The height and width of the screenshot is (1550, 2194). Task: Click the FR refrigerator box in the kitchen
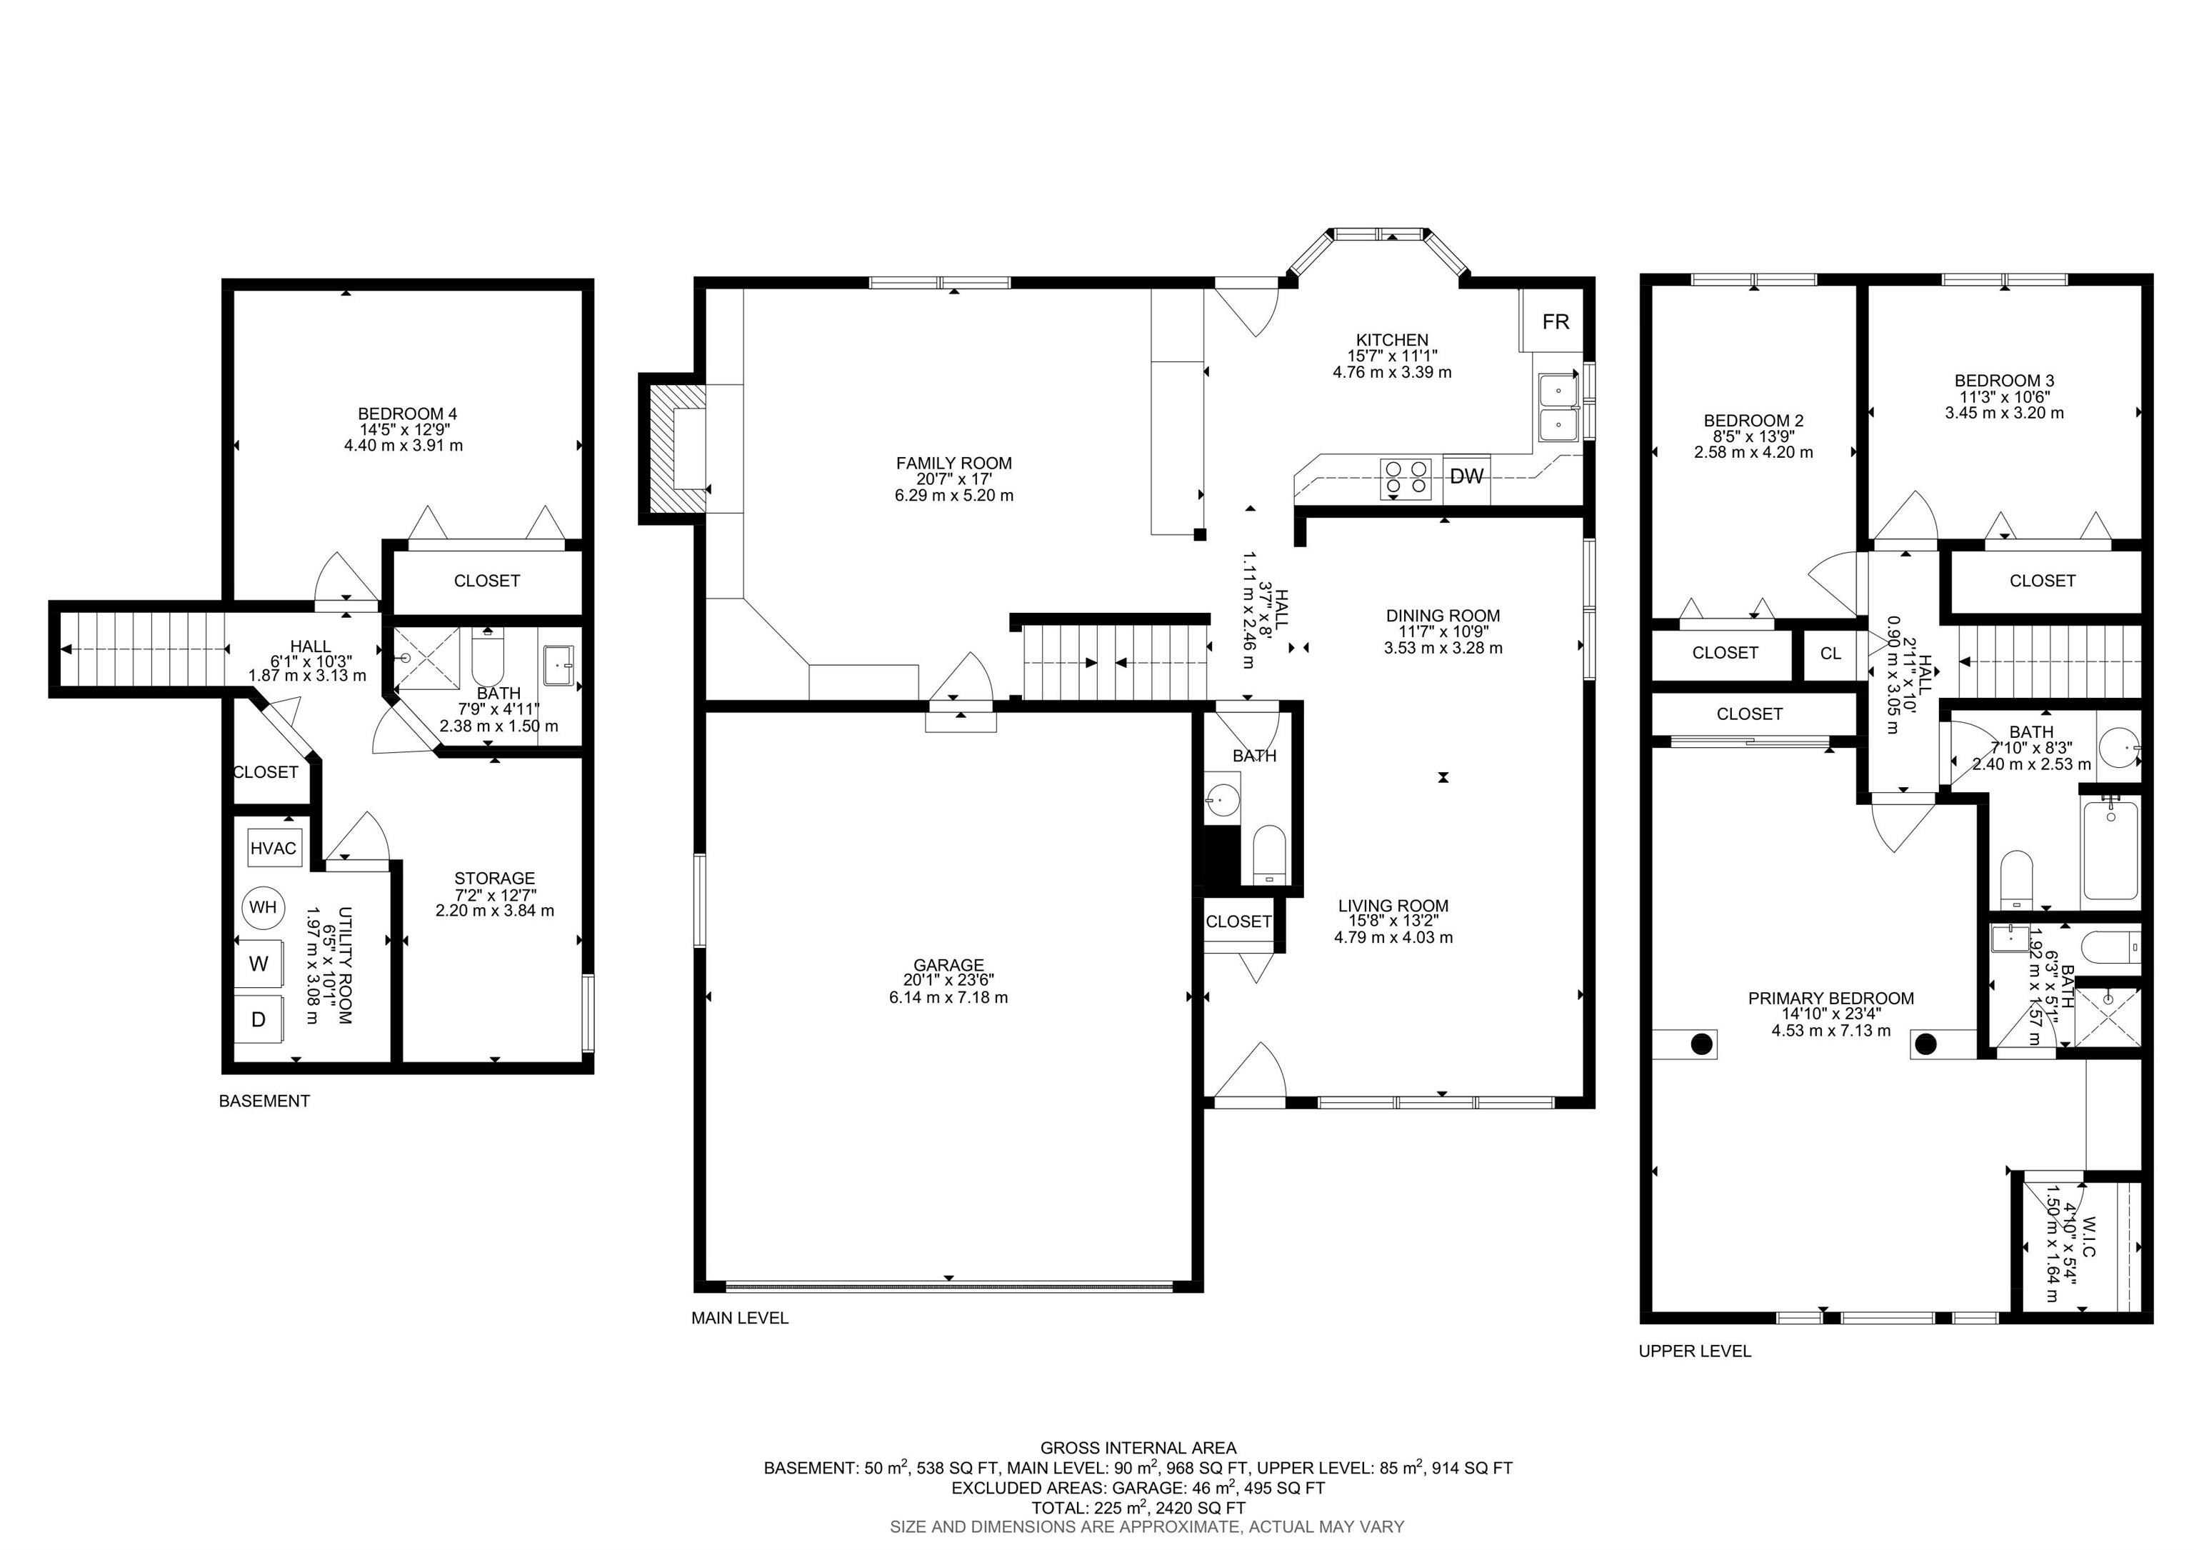pos(1555,322)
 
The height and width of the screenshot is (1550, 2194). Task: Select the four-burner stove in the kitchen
pos(1406,478)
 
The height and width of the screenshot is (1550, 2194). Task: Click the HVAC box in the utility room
pos(274,848)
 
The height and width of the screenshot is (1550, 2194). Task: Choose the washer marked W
pos(259,964)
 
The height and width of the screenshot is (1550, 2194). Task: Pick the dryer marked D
pos(258,1019)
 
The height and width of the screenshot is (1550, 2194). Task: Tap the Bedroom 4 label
pos(407,414)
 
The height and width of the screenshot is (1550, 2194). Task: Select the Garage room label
pos(948,965)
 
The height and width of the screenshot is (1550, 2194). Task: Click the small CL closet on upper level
pos(1830,654)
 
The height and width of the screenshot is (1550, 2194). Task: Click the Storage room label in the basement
pos(494,878)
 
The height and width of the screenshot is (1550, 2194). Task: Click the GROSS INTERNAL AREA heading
pos(1138,1448)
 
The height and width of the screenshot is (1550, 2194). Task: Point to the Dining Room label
pos(1443,616)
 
